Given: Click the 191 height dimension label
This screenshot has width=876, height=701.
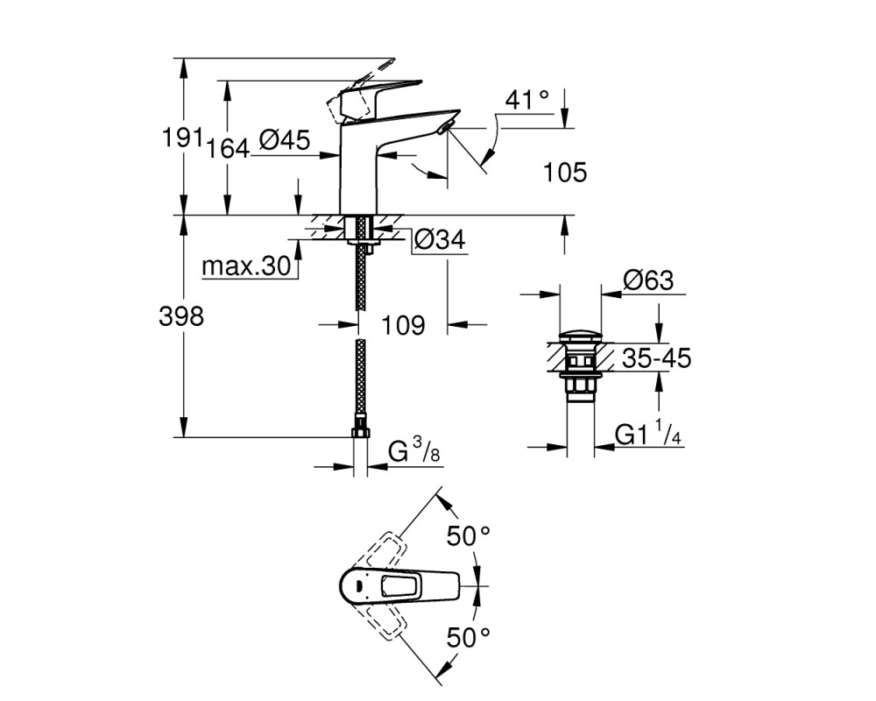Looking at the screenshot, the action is [181, 138].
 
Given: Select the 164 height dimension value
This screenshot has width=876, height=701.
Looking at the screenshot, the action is [228, 149].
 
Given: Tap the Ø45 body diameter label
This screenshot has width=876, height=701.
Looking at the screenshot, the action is [285, 139].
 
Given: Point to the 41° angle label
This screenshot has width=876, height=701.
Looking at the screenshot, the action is [526, 100].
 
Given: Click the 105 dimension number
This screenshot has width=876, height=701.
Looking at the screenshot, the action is [565, 172].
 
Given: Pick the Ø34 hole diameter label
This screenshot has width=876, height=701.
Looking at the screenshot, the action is [440, 240].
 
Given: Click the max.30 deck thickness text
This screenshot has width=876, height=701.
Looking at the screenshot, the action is [246, 266].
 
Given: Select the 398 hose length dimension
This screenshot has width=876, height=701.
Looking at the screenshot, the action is [181, 316].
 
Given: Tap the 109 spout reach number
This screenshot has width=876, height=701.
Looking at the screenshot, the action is [403, 325].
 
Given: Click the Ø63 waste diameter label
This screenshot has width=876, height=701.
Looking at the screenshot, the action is [648, 280].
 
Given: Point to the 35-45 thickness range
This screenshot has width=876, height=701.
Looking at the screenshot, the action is [656, 358].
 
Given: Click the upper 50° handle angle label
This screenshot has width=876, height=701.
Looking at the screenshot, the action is [468, 536].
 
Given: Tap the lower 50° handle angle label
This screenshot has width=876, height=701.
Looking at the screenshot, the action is [468, 637].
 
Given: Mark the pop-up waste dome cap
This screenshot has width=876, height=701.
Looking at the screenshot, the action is [581, 336].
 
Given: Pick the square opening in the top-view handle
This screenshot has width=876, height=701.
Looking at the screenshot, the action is [399, 586].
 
